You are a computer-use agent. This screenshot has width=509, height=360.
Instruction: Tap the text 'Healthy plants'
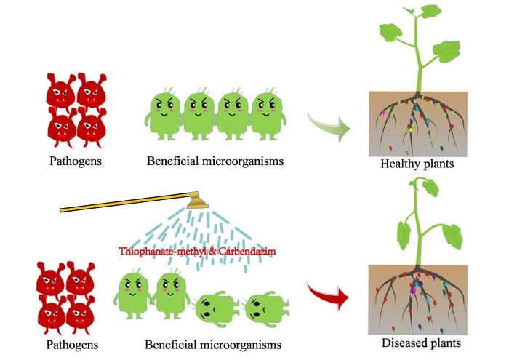pyautogui.click(x=417, y=164)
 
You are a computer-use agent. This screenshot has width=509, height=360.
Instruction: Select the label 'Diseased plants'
pyautogui.click(x=420, y=342)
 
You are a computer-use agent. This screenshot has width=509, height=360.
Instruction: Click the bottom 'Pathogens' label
pyautogui.click(x=71, y=342)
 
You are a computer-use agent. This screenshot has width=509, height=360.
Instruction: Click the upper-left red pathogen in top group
pyautogui.click(x=58, y=91)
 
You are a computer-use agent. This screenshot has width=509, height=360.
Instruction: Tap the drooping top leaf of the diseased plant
pyautogui.click(x=430, y=188)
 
